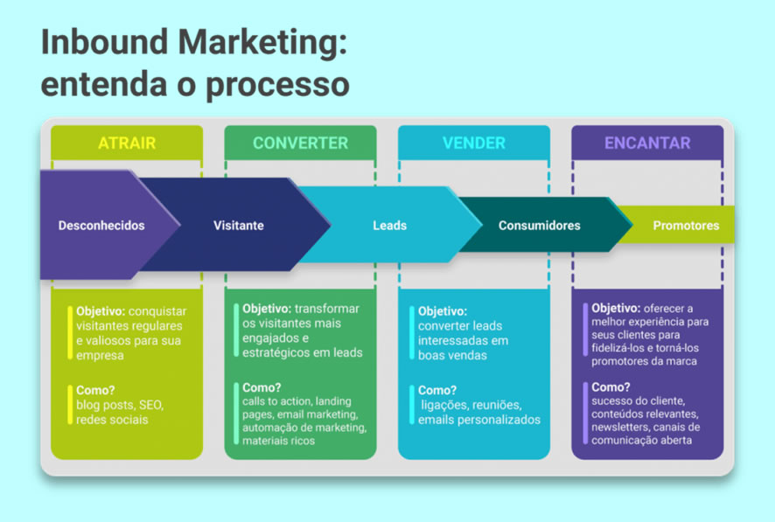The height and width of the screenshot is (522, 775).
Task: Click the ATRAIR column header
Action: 126,143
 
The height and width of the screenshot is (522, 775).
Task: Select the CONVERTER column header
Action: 300,143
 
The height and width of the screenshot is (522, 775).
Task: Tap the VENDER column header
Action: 473,143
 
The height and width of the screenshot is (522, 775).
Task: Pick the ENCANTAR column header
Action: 647,143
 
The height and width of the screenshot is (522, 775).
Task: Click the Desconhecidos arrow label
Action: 101,226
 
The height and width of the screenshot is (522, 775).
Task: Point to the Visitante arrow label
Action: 238,226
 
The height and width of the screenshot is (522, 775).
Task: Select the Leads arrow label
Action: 389,226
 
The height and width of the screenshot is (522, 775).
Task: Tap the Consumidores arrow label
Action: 539,226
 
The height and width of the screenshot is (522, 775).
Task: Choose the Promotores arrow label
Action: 686,226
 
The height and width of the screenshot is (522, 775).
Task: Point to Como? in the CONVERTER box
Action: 262,387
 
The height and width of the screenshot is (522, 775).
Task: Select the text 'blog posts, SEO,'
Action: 120,406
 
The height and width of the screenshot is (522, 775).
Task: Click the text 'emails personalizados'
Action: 478,420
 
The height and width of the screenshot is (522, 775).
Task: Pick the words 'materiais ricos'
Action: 279,441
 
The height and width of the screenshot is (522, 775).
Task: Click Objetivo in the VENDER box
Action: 442,311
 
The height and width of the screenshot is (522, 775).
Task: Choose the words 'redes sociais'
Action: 111,420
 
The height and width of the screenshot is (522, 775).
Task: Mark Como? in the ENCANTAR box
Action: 610,386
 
